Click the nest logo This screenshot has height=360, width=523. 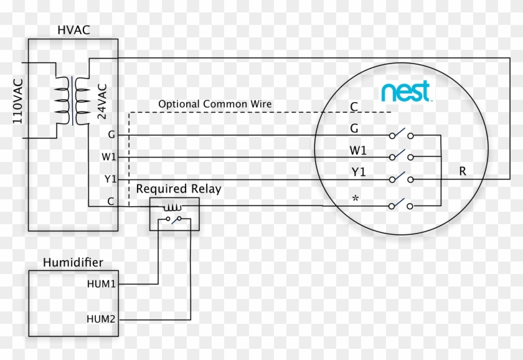pos(407,91)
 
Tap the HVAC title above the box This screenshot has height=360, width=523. pos(73,30)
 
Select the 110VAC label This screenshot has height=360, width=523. pos(18,101)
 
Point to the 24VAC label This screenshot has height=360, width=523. pos(102,102)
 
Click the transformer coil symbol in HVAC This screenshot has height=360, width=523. pos(72,101)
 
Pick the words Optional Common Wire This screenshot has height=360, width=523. pos(215,104)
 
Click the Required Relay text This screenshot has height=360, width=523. pos(179,189)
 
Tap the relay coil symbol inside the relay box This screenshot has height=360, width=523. pos(172,208)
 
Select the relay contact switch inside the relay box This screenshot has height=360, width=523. pos(174,219)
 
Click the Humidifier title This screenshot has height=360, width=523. pos(73,262)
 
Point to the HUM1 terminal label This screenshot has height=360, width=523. pos(101,284)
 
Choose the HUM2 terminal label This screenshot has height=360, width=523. pos(101,319)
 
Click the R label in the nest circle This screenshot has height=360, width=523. pos(462,171)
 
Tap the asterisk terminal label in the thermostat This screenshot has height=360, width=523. pos(356,199)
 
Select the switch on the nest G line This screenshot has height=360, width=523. pos(401,133)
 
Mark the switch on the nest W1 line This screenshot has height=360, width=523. pos(401,155)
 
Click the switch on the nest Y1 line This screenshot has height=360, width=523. pos(401,178)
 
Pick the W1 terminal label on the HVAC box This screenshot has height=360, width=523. pos(109,156)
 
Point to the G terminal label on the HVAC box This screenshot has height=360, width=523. pos(111,135)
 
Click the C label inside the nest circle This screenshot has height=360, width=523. pos(354,107)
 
